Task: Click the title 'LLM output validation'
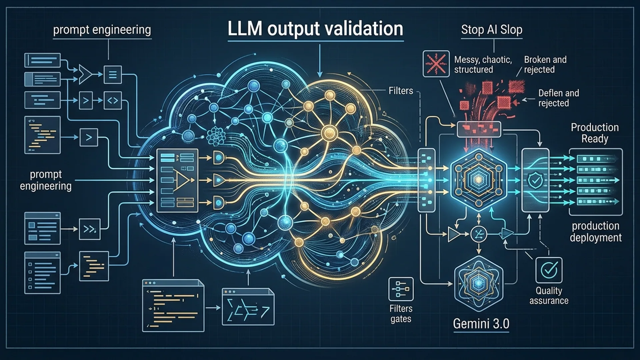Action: (315, 29)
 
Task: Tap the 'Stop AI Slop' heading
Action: (492, 30)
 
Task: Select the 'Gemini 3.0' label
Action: (481, 324)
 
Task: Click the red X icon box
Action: (436, 64)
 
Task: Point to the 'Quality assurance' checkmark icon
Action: (549, 270)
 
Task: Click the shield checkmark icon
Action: (535, 180)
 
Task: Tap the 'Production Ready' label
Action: (595, 133)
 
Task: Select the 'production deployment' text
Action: (596, 232)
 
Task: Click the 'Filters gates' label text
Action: (401, 314)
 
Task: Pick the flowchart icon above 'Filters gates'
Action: (401, 289)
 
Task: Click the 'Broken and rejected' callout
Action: (545, 65)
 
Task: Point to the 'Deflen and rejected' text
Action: (559, 98)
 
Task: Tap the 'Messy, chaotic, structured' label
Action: (483, 65)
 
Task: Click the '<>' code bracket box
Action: (113, 100)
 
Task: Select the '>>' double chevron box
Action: (90, 229)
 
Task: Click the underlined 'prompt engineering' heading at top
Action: (102, 30)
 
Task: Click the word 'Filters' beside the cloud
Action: (401, 91)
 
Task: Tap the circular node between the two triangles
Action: (479, 234)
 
